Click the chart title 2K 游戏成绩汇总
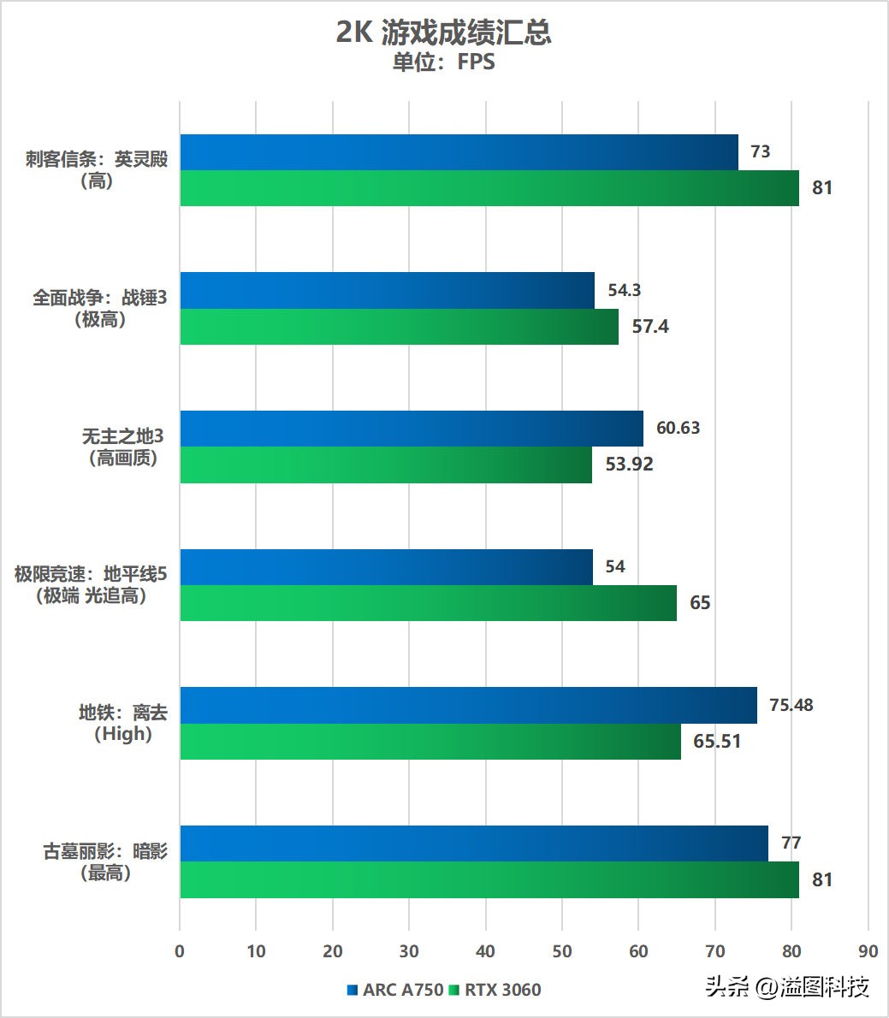[x=443, y=33]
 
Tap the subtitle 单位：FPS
[x=443, y=62]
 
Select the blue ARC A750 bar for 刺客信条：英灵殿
[x=459, y=152]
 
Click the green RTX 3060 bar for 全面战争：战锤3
[x=399, y=327]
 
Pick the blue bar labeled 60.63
[x=411, y=429]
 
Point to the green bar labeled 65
[x=428, y=603]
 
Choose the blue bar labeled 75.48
[x=468, y=705]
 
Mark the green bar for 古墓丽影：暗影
[x=489, y=879]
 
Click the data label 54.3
[x=625, y=290]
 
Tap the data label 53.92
[x=629, y=465]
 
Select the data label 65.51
[x=717, y=741]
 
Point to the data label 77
[x=791, y=843]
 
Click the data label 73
[x=760, y=152]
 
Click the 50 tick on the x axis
[x=561, y=950]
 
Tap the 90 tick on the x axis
[x=868, y=950]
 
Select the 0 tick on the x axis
[x=180, y=950]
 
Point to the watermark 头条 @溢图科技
[x=787, y=987]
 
